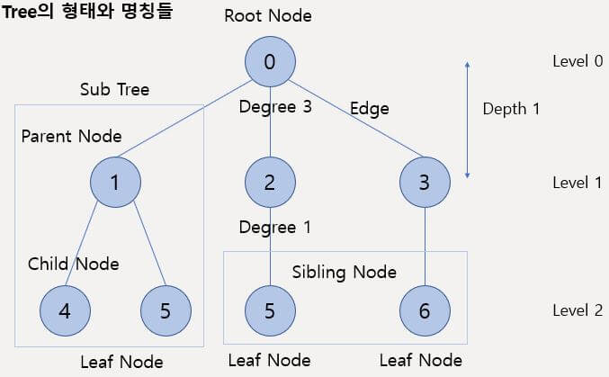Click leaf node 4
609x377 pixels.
tap(64, 311)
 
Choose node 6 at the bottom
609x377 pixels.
tap(424, 311)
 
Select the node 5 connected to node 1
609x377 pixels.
tap(166, 311)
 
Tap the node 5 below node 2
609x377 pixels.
tap(270, 311)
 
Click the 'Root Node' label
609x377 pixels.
tap(269, 15)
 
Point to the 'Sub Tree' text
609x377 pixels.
tap(114, 89)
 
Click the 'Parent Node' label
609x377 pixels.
tap(71, 137)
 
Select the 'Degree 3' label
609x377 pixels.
tap(274, 108)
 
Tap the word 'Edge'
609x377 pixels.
tap(370, 109)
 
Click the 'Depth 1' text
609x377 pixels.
tap(511, 109)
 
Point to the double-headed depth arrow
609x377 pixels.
tap(467, 119)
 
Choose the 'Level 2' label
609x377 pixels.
tap(577, 310)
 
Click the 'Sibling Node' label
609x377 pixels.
tap(345, 272)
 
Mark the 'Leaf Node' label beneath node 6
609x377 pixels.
tap(421, 361)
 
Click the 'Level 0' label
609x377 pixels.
tap(577, 61)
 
